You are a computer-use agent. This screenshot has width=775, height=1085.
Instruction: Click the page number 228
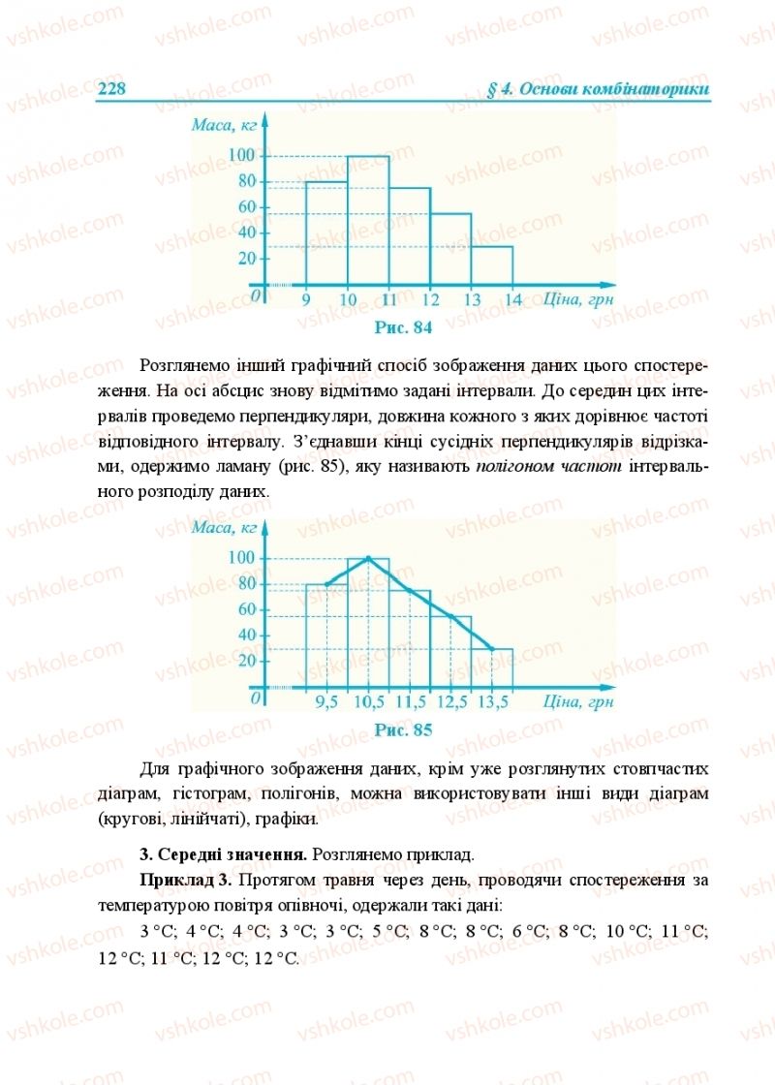tap(112, 89)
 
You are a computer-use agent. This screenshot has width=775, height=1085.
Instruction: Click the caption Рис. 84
tap(402, 326)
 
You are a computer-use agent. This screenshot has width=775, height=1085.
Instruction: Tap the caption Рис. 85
tap(402, 729)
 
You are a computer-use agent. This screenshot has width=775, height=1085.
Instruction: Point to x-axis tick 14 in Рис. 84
tap(513, 299)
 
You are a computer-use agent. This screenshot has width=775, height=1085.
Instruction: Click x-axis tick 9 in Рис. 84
tap(306, 299)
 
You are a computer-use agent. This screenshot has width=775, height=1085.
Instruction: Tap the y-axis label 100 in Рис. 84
tap(241, 156)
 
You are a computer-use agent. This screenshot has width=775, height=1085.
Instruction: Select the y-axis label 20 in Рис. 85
tap(246, 661)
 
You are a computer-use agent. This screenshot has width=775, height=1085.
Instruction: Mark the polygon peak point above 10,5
tap(368, 558)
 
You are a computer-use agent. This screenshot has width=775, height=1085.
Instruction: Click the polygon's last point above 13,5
tap(492, 648)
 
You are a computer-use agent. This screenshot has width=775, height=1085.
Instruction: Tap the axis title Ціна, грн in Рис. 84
tap(578, 298)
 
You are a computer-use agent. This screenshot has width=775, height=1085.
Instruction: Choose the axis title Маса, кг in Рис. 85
tap(224, 527)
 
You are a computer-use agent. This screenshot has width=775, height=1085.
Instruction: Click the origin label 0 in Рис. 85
tap(257, 697)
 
